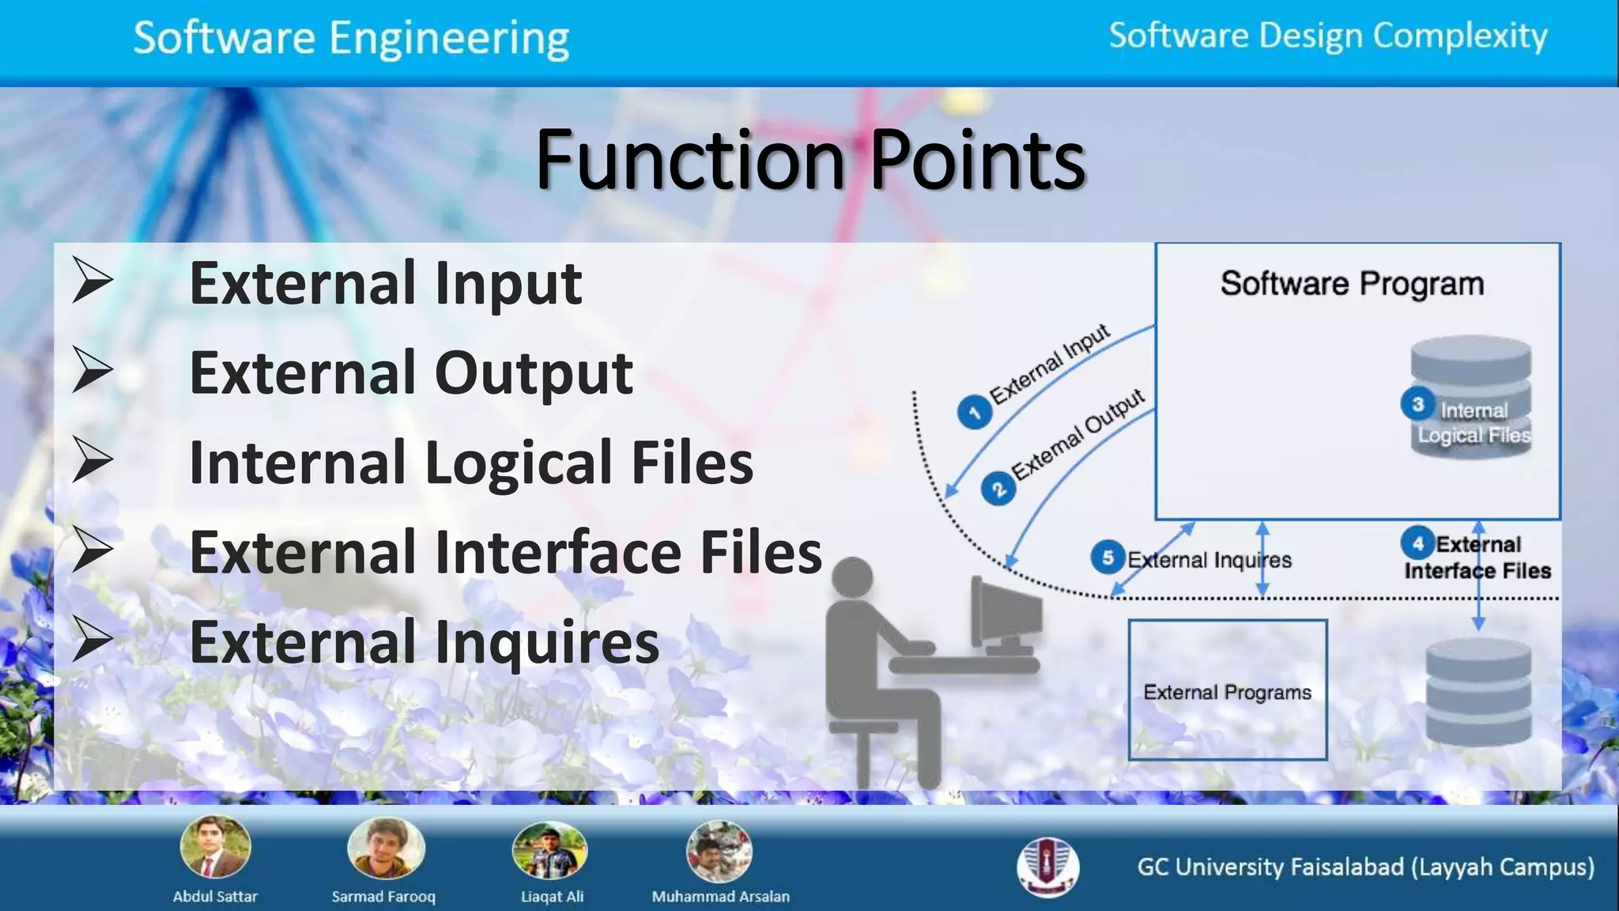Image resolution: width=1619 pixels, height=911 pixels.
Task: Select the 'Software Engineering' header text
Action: click(x=351, y=38)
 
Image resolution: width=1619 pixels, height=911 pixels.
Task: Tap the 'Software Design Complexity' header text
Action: click(x=1327, y=36)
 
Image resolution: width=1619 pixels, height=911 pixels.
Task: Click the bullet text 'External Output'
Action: click(x=411, y=372)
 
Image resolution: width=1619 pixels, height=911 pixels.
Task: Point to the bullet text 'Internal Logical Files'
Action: click(x=471, y=463)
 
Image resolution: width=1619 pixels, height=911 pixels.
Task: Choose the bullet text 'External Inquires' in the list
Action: click(x=425, y=641)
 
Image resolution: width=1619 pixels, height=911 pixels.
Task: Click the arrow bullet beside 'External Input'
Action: click(x=92, y=280)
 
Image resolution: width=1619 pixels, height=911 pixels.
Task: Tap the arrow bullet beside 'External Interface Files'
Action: click(x=92, y=550)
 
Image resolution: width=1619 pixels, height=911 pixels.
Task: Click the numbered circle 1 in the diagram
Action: click(x=974, y=412)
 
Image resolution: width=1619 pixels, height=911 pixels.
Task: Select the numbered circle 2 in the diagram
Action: click(x=998, y=489)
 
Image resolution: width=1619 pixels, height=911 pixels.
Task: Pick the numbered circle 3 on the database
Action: click(x=1417, y=404)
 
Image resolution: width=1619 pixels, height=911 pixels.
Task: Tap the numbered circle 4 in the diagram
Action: click(x=1417, y=543)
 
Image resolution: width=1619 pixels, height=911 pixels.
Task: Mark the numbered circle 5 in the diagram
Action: click(x=1108, y=558)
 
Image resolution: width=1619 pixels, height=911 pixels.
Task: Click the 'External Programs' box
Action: click(x=1227, y=690)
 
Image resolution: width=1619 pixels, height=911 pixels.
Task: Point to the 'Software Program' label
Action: click(x=1352, y=283)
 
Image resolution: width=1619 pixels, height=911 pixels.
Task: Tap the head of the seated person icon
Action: click(x=852, y=577)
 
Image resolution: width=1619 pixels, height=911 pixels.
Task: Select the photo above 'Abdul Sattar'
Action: click(x=215, y=848)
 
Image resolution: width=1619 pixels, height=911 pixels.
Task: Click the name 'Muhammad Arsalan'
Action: click(x=720, y=897)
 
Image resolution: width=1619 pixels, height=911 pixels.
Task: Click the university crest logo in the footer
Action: click(x=1047, y=867)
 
